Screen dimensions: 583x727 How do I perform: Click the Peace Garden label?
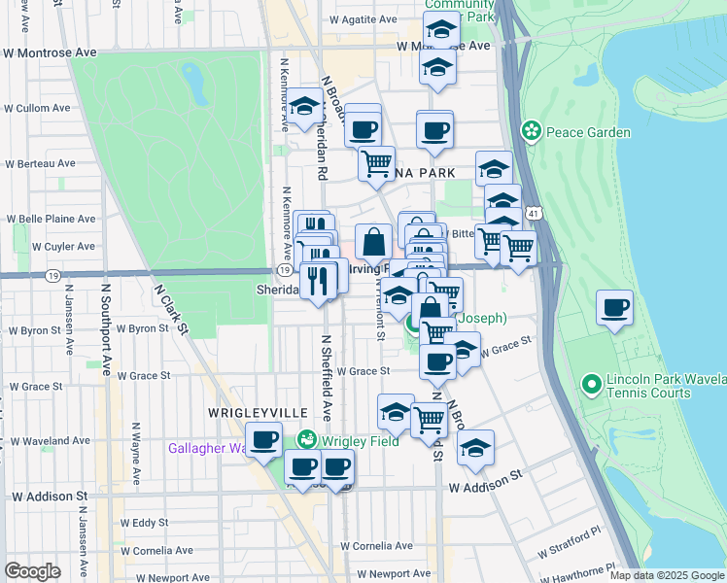coord(588,132)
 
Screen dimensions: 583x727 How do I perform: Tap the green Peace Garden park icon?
coord(531,130)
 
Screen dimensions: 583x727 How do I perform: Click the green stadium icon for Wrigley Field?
coord(307,439)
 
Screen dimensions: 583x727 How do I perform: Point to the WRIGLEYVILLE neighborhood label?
coord(245,413)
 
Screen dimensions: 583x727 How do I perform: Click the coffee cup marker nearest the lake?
coord(614,309)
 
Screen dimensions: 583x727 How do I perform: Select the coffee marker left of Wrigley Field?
coord(263,441)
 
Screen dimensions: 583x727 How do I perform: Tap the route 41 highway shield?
coord(533,212)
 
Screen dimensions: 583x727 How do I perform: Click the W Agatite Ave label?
coord(363,19)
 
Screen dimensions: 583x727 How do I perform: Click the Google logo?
coord(32,570)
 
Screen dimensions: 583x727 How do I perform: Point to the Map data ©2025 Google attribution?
coord(667,575)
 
